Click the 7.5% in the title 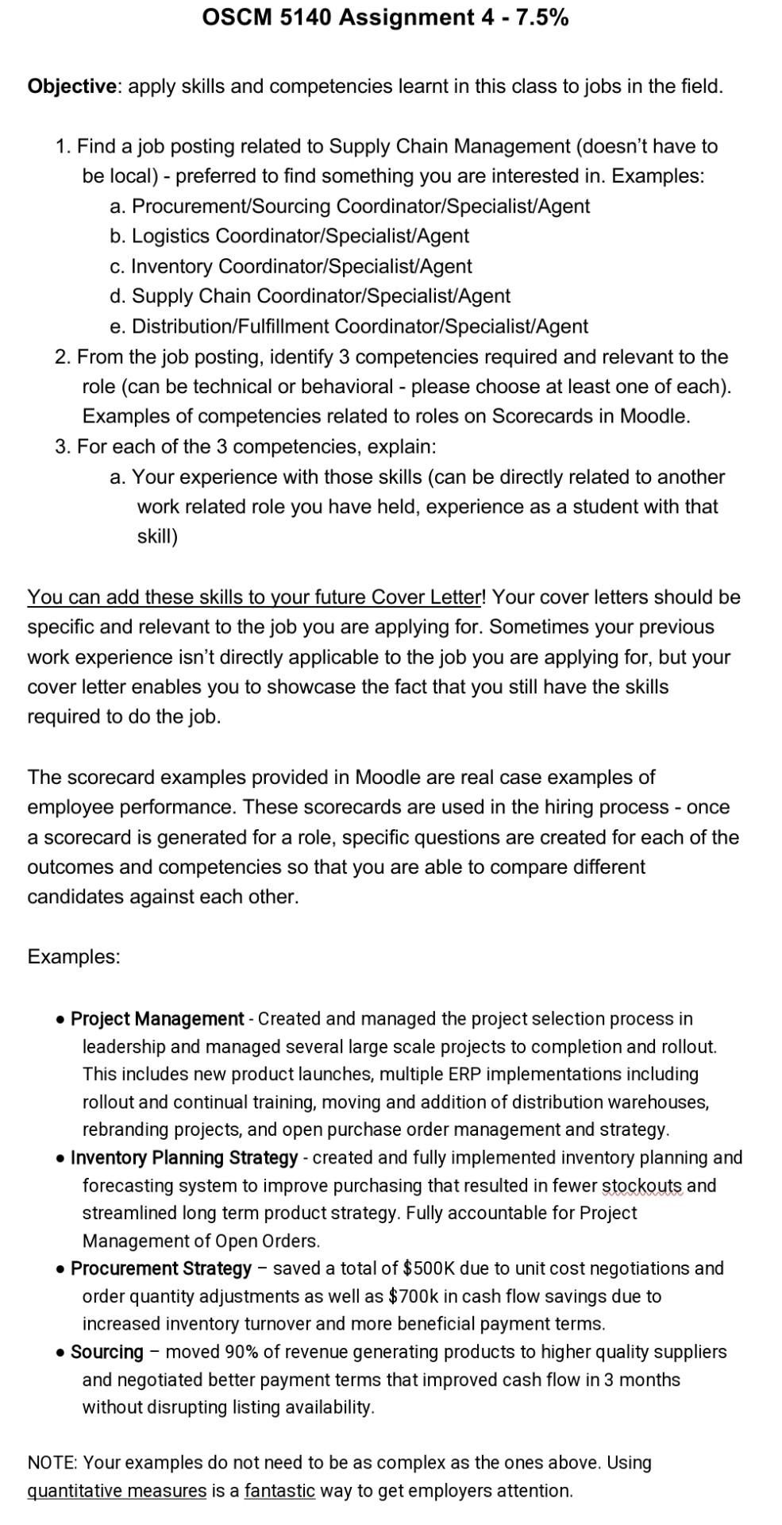coord(542,17)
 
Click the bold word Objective coord(71,87)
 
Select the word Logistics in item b coord(171,237)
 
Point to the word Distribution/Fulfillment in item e coord(230,327)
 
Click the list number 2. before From coord(63,357)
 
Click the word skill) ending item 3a coord(157,538)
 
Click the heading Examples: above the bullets coord(73,957)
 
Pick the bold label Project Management coord(156,1019)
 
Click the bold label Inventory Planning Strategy coord(184,1158)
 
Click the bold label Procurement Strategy coord(161,1268)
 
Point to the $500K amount coord(429,1268)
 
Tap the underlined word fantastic coord(279,1491)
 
